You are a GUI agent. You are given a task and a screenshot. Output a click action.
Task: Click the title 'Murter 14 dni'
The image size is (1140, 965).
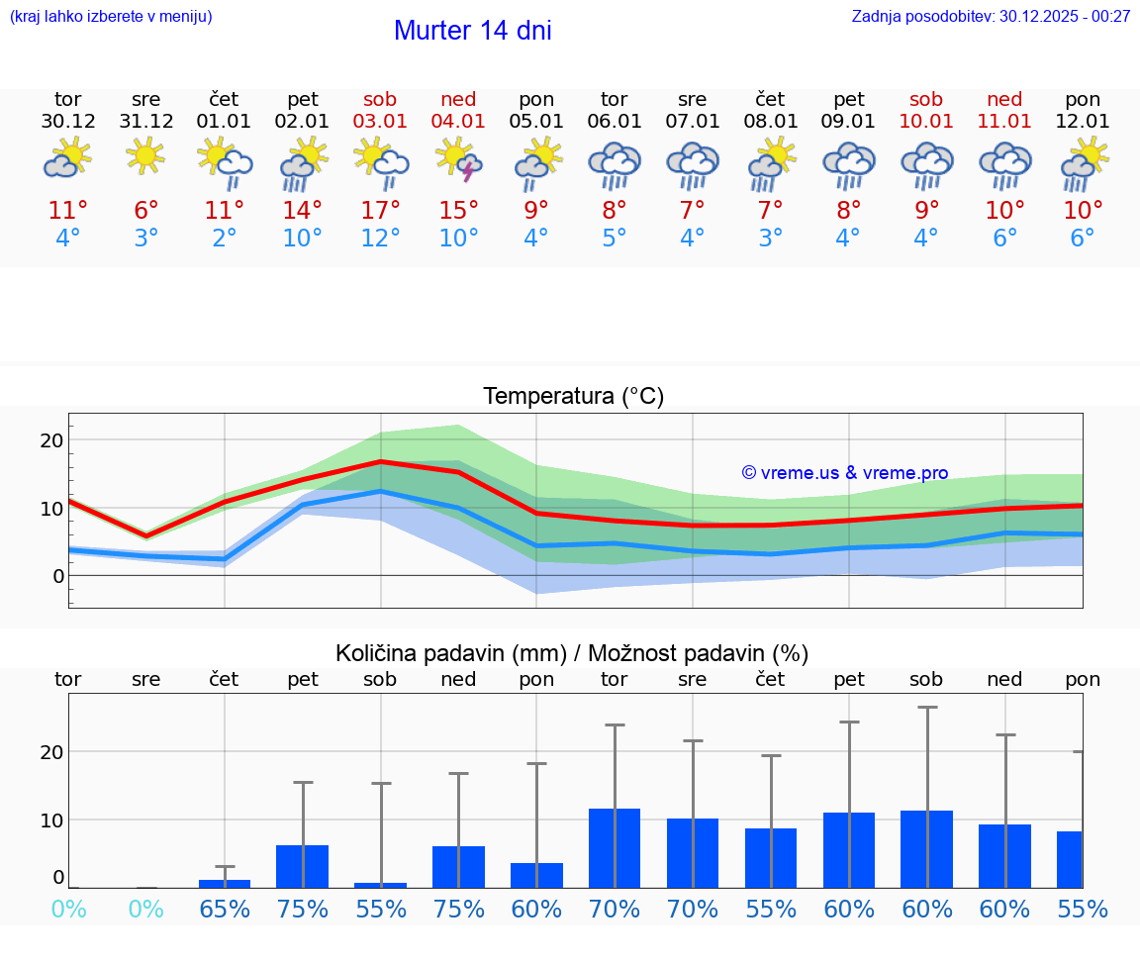472,31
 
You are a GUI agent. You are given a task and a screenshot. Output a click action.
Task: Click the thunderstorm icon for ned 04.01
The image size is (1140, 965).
458,163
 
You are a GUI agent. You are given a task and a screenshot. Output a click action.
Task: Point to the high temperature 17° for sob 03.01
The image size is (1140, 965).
380,211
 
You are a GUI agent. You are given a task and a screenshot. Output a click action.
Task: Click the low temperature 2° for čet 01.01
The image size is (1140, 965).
225,239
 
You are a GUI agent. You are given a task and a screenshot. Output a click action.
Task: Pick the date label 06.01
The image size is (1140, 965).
615,122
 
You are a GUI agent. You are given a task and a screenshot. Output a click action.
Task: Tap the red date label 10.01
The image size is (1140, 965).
927,122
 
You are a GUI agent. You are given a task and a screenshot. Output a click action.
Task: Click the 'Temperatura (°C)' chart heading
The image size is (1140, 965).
573,397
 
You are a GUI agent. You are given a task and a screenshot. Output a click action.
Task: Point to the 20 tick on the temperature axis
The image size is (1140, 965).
51,440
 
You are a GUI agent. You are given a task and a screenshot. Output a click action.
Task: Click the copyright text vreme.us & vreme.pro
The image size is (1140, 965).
845,473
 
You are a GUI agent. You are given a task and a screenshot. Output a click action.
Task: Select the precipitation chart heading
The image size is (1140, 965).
572,653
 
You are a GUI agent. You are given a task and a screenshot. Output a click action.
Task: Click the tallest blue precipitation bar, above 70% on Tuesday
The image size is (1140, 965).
615,847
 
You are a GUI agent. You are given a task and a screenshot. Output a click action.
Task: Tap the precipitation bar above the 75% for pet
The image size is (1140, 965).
302,866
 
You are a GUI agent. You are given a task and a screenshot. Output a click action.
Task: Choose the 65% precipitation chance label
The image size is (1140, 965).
225,910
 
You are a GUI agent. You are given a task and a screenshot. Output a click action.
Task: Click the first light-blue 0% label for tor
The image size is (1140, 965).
68,910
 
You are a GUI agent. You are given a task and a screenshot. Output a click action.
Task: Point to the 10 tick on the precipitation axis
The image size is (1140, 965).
51,820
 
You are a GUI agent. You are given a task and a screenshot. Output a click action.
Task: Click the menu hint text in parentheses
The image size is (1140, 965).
111,16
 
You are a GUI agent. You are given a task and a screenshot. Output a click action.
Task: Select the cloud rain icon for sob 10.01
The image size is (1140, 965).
927,164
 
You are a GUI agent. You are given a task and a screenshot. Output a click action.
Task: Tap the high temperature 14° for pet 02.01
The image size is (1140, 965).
302,211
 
